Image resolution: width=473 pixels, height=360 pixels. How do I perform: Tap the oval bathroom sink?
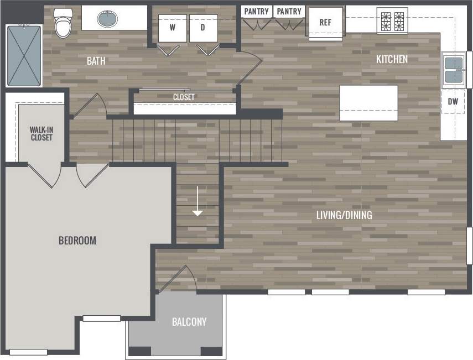(x=107, y=19)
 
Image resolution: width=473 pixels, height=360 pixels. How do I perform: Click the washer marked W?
(x=172, y=28)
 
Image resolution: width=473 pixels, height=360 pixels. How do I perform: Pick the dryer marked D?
(x=203, y=28)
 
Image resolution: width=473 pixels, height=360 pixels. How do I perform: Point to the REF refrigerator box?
(x=325, y=23)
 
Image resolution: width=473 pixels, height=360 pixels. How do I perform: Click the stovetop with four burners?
(x=392, y=20)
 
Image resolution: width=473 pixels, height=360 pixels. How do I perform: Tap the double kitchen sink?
(x=454, y=70)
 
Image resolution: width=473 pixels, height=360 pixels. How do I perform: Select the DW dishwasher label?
(x=453, y=101)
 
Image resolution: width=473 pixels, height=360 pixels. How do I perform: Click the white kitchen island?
(x=368, y=103)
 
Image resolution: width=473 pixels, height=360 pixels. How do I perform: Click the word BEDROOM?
(x=77, y=241)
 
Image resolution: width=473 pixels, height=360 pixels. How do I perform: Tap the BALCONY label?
(x=189, y=322)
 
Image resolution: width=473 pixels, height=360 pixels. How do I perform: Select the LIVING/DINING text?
(x=344, y=215)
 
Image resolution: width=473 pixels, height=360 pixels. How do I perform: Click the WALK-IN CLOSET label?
(x=41, y=133)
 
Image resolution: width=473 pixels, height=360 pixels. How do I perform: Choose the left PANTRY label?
(x=257, y=12)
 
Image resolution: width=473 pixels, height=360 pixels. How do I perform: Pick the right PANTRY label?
(x=289, y=12)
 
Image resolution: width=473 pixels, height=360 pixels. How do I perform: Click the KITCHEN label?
(x=392, y=59)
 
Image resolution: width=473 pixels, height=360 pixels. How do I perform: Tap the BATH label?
(x=96, y=61)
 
